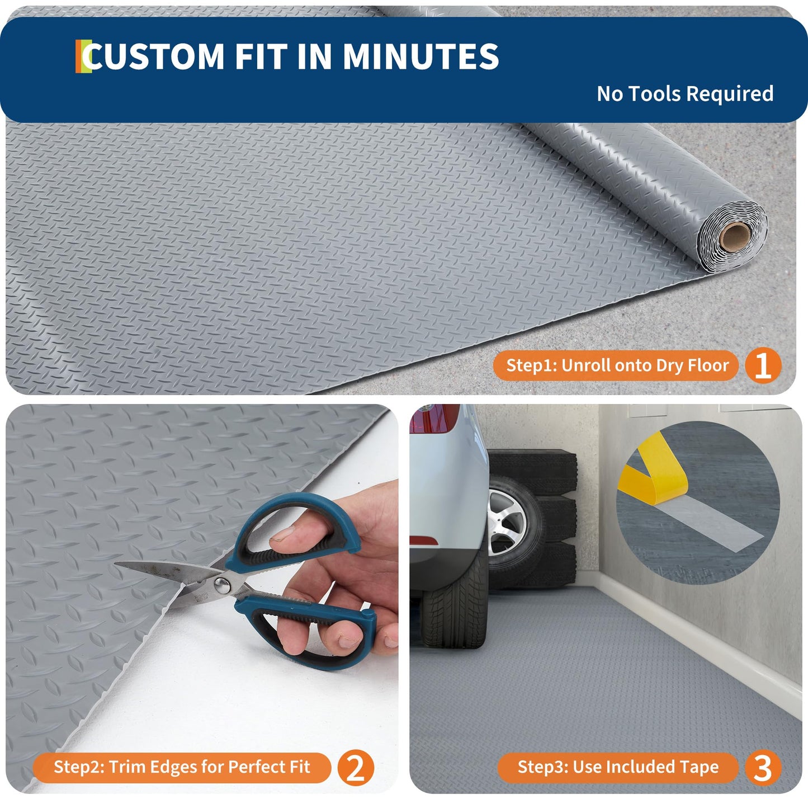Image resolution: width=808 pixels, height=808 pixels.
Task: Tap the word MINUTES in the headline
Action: point(420,57)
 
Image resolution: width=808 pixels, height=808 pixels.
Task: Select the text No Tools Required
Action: point(685,93)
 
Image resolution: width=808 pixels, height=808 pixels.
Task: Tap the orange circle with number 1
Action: point(763,365)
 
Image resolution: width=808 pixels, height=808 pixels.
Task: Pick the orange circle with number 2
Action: point(356,767)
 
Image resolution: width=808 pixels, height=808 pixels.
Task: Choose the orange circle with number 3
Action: point(763,767)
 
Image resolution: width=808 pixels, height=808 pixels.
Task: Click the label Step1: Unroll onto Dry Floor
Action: point(617,365)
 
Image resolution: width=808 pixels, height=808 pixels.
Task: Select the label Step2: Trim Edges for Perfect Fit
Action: point(182,767)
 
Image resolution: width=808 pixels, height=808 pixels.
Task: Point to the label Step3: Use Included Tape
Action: point(618,767)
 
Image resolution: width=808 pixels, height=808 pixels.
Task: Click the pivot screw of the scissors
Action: point(223,585)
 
